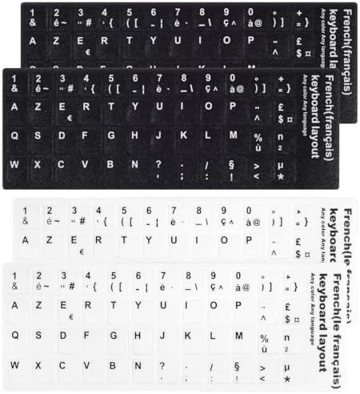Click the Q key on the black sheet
15,135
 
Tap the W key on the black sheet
15,163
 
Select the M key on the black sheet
234,135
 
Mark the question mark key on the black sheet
161,164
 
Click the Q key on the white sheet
15,334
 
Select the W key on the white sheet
15,364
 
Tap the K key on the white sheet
186,335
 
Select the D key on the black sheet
63,135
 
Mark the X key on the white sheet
39,364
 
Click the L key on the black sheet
209,135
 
